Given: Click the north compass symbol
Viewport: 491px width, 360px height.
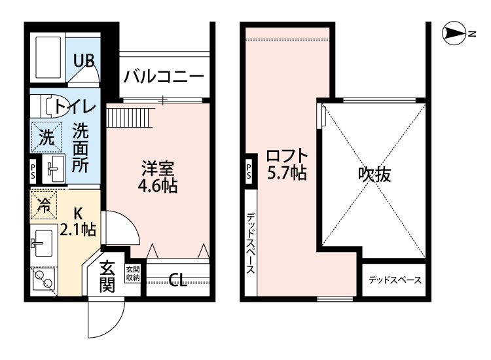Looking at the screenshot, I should click(452, 31).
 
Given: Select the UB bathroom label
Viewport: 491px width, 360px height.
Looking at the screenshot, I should click(84, 62).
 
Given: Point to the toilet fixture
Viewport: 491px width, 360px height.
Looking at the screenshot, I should click(45, 105).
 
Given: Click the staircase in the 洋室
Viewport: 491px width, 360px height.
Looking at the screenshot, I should click(129, 118).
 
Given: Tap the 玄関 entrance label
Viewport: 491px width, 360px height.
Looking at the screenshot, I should click(108, 276).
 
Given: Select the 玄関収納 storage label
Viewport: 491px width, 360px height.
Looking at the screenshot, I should click(132, 274).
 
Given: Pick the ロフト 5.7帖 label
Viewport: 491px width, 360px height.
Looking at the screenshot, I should click(286, 165).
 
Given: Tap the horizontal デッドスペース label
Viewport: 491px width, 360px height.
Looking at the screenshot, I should click(394, 281).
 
